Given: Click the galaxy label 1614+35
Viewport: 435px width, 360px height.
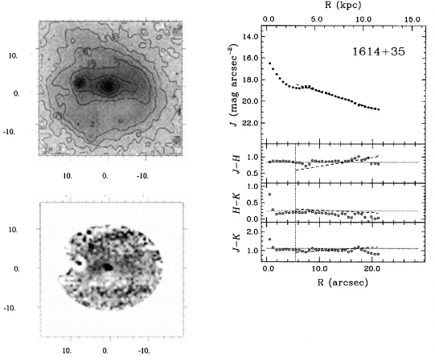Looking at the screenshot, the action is click(379, 51).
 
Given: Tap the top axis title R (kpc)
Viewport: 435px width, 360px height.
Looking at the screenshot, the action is click(343, 5).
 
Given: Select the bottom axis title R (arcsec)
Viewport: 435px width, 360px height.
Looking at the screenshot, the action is click(343, 282).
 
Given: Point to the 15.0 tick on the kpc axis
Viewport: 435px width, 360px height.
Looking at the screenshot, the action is click(412, 19).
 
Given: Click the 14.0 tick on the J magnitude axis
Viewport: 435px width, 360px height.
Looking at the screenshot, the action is click(251, 36).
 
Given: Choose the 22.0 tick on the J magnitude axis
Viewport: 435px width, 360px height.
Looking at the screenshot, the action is click(251, 123).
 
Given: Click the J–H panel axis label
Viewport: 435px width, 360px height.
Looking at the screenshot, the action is click(236, 164).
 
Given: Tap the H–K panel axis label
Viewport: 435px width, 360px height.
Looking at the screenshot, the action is click(236, 203).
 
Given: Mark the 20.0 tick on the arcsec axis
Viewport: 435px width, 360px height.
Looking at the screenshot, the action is click(371, 268).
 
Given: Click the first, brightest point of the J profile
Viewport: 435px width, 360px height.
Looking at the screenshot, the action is click(269, 63).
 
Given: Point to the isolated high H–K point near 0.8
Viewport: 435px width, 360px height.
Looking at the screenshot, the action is click(269, 194).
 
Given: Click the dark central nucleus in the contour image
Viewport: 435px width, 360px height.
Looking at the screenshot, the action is click(108, 86).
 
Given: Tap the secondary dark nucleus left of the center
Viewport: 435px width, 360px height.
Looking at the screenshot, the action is click(80, 83).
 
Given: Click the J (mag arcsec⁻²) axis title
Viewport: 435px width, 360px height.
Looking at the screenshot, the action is click(235, 85).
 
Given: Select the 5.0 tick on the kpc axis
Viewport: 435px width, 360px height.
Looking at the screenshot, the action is click(317, 19).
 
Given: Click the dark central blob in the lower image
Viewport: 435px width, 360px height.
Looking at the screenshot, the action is click(108, 267).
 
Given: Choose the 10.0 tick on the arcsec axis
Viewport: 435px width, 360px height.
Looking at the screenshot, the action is click(319, 268).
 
